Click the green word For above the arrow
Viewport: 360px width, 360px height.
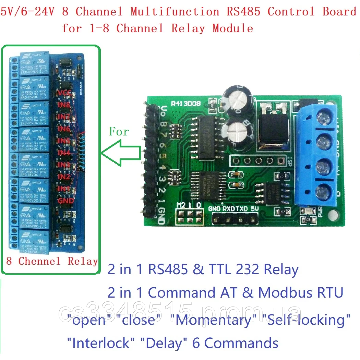click(119, 131)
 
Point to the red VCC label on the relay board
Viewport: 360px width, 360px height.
click(65, 93)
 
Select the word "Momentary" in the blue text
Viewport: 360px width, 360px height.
click(216, 320)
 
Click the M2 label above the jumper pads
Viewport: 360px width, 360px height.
click(180, 205)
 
